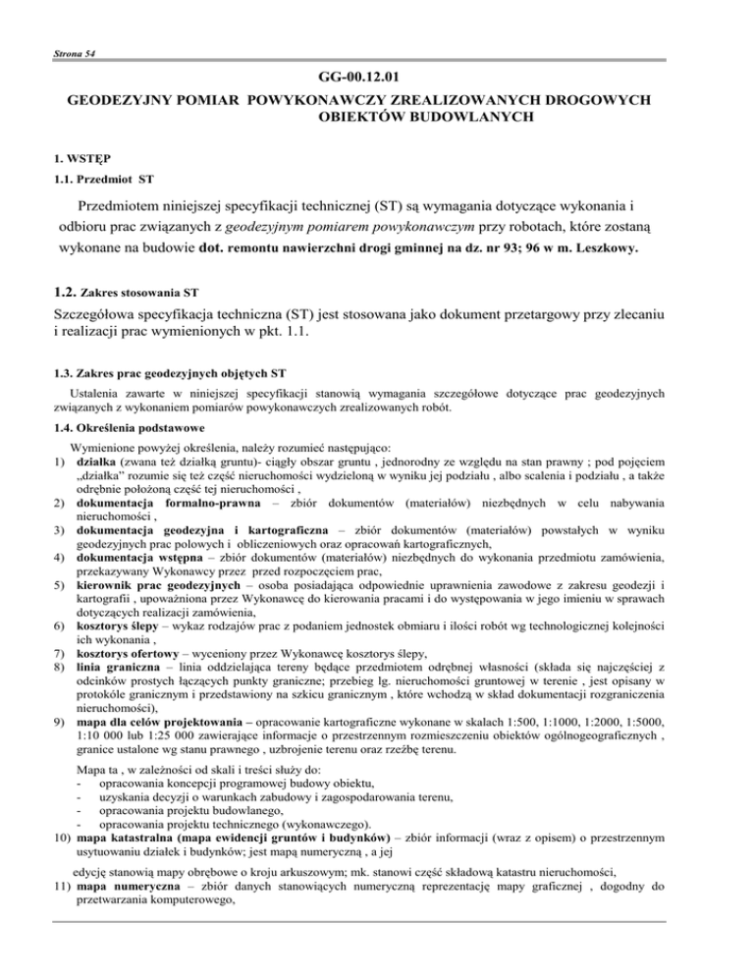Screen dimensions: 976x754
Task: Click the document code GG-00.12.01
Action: click(376, 77)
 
